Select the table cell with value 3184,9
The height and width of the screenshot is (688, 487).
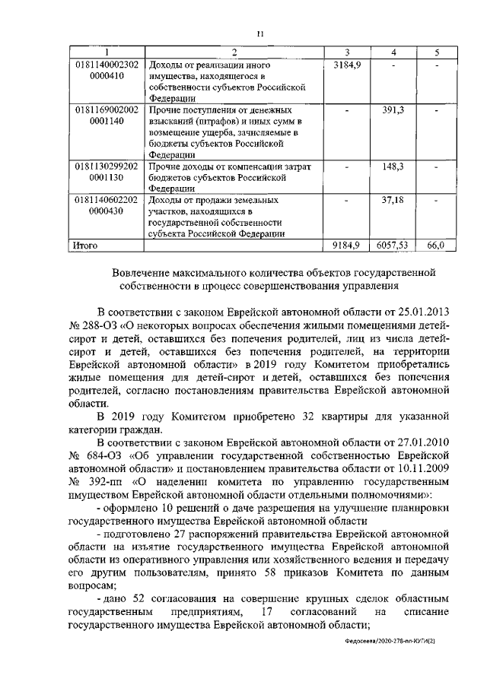pos(346,65)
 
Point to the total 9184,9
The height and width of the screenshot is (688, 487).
pos(346,245)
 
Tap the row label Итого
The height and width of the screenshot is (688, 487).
pos(86,245)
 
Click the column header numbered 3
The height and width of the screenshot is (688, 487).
pos(346,52)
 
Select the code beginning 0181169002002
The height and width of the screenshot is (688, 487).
pos(107,110)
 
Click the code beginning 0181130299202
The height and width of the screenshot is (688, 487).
pos(107,165)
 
